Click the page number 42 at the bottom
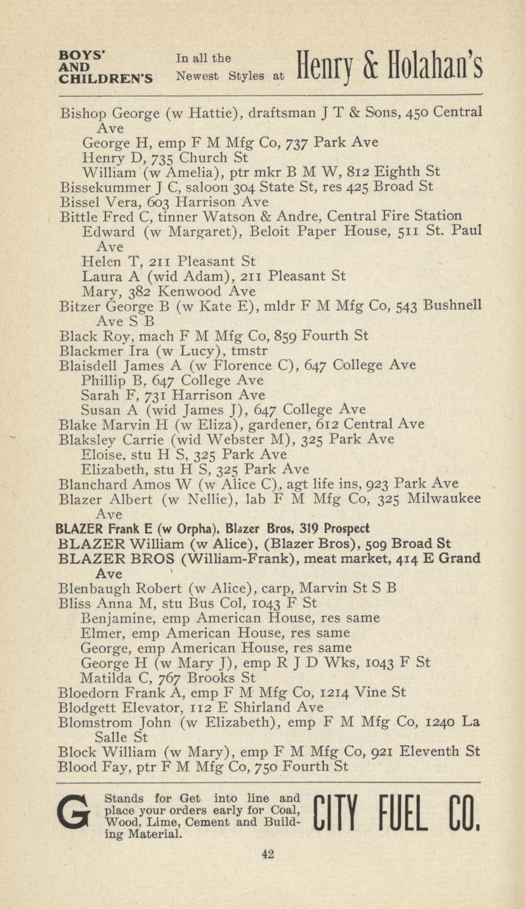pos(267,854)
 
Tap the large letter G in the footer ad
pos(74,815)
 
